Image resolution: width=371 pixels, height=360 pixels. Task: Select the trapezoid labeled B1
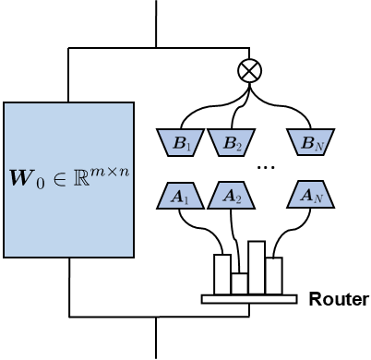point(180,142)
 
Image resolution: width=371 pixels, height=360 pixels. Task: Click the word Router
point(339,299)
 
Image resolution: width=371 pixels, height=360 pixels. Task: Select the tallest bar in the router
point(257,268)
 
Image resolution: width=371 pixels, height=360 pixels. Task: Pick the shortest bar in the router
point(239,283)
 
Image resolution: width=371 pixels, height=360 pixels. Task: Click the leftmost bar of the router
point(221,273)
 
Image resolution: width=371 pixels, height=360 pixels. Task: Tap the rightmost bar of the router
point(274,275)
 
